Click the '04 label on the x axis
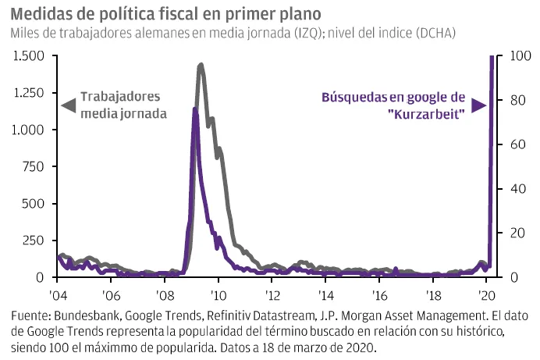pyautogui.click(x=58, y=296)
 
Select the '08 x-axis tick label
pyautogui.click(x=165, y=296)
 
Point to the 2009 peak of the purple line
pyautogui.click(x=194, y=109)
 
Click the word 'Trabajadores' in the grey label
pyautogui.click(x=121, y=98)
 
